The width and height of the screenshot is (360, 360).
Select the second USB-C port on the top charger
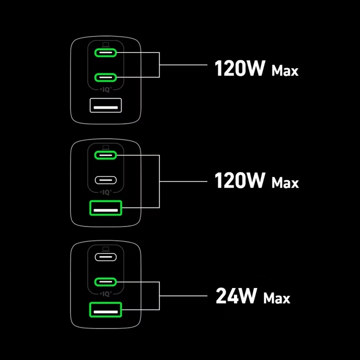pos(105,77)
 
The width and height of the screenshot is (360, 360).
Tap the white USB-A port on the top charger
pos(105,105)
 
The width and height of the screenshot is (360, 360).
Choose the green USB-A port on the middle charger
pos(105,207)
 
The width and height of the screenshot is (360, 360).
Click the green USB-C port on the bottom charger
pos(105,281)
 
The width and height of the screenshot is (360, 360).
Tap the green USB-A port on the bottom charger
pos(105,310)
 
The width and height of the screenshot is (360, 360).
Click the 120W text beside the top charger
pos(239,68)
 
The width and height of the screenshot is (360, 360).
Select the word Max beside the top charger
pos(285,71)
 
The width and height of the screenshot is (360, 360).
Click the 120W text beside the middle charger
pos(239,180)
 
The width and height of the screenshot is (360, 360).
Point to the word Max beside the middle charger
pos(285,183)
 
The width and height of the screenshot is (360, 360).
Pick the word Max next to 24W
pos(276,298)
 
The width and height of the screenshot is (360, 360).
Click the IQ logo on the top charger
pos(105,89)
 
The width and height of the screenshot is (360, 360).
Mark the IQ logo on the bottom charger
pos(105,294)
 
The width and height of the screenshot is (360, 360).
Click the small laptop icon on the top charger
pos(105,43)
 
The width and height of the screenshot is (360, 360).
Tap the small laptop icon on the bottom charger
pos(105,248)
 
